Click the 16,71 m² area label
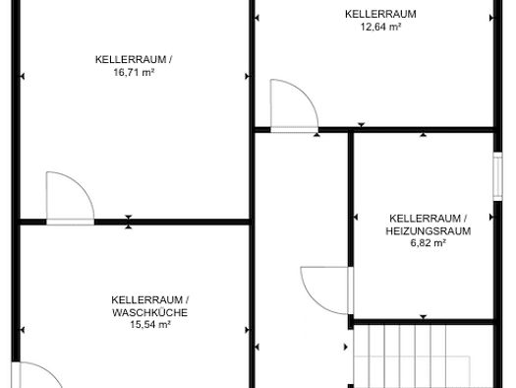pyautogui.click(x=134, y=72)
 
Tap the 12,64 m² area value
pyautogui.click(x=380, y=27)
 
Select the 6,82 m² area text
pyautogui.click(x=429, y=243)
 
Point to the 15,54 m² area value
pyautogui.click(x=150, y=324)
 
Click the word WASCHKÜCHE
pyautogui.click(x=150, y=312)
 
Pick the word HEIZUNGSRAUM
pyautogui.click(x=429, y=230)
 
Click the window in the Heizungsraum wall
pyautogui.click(x=497, y=176)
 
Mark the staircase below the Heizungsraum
pyautogui.click(x=424, y=356)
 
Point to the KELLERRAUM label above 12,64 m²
pyautogui.click(x=380, y=14)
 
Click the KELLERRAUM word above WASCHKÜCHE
pyautogui.click(x=146, y=300)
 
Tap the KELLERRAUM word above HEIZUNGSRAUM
pyautogui.click(x=425, y=219)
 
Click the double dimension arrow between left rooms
pyautogui.click(x=129, y=222)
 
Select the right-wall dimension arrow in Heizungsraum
pyautogui.click(x=491, y=218)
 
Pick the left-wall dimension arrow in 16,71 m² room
pyautogui.click(x=23, y=77)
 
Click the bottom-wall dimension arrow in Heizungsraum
pyautogui.click(x=424, y=317)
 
